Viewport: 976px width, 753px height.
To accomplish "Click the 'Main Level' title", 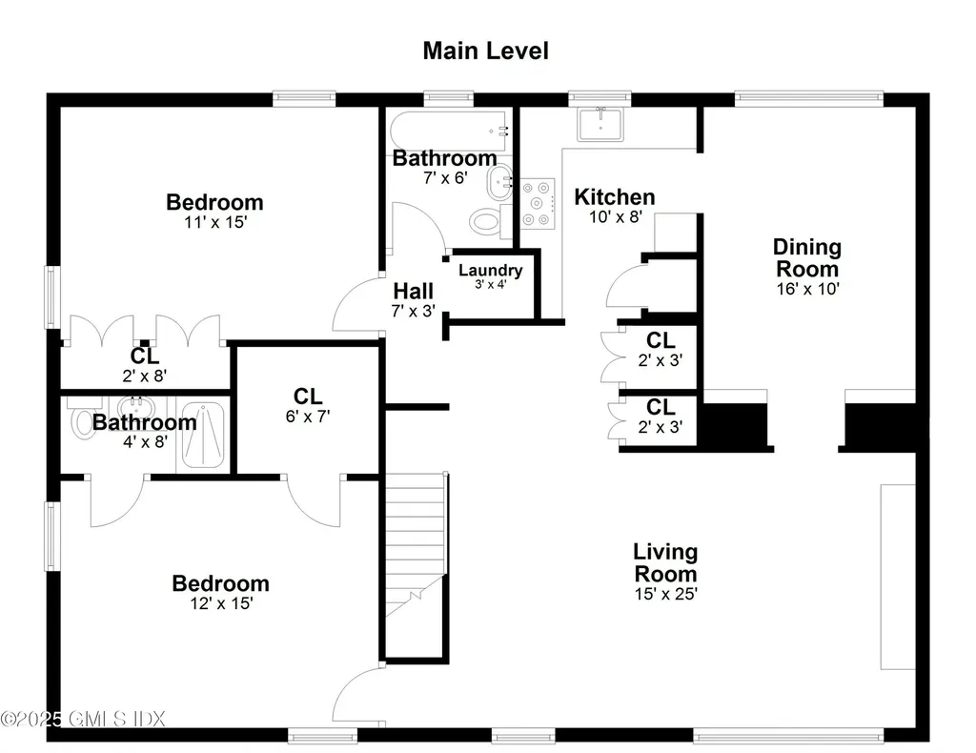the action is point(485,51).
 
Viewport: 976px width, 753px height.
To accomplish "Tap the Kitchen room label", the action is point(615,196).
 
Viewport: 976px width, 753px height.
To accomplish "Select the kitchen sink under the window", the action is point(600,125).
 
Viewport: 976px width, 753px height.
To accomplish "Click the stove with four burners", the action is point(538,203).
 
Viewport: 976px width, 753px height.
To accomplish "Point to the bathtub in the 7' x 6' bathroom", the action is point(448,131).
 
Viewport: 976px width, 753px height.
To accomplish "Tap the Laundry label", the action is point(491,270).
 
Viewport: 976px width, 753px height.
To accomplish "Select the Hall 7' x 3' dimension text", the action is point(414,311).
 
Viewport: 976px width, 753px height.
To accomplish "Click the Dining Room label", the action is point(807,257).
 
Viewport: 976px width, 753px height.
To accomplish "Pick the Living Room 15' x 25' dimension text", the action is point(665,594).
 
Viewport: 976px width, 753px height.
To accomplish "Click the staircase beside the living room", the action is point(416,566).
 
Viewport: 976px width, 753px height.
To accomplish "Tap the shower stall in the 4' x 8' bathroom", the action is point(203,435).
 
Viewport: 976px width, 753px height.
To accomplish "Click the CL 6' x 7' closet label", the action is point(308,405).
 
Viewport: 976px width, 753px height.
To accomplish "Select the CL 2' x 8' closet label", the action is point(145,365).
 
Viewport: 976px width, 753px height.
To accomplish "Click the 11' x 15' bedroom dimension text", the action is point(215,222).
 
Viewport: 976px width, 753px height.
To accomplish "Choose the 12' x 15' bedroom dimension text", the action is point(221,603).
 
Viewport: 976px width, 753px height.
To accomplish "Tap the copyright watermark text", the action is point(83,719).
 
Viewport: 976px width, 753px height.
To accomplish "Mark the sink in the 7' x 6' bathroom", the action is point(498,182).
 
